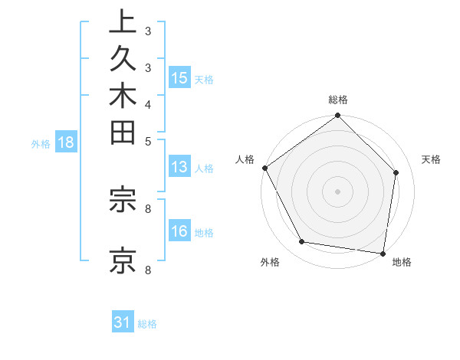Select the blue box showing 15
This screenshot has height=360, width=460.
coord(179,78)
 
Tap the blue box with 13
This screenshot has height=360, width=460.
coord(179,168)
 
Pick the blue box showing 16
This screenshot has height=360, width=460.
coord(179,232)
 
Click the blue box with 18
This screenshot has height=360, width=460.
coord(65,142)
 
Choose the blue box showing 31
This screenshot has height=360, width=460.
coord(123,323)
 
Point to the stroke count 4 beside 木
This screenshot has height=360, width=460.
coord(148,104)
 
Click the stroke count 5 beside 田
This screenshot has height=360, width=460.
coord(148,141)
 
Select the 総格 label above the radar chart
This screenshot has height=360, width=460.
coord(338,100)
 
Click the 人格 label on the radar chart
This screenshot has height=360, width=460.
coord(245,159)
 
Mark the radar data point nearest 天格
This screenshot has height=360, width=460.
coord(396,173)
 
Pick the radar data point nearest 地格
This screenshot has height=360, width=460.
coord(383,252)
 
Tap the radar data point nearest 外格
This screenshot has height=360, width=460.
coord(302,242)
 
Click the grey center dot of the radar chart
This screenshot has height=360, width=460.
coord(338,191)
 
